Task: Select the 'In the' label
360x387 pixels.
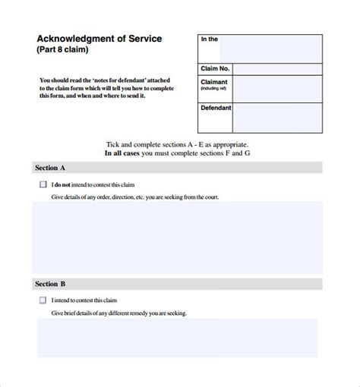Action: pyautogui.click(x=209, y=39)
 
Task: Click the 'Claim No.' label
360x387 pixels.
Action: pyautogui.click(x=215, y=68)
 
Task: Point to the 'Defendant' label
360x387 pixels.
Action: pyautogui.click(x=216, y=109)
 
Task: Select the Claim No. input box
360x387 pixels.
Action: pyautogui.click(x=276, y=68)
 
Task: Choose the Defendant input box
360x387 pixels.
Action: pyautogui.click(x=276, y=117)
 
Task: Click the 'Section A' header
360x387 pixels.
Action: pyautogui.click(x=51, y=168)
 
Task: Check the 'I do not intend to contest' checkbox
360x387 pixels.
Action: pyautogui.click(x=42, y=184)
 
